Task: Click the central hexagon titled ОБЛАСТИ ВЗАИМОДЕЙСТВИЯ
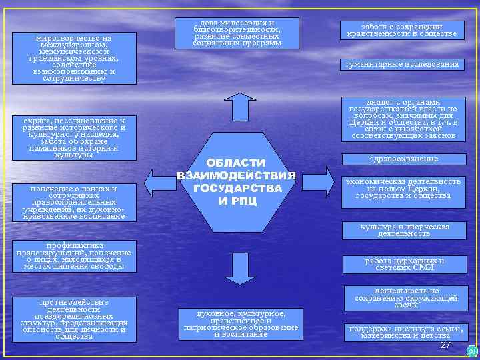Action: tap(235, 182)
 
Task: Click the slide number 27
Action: tap(446, 345)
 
